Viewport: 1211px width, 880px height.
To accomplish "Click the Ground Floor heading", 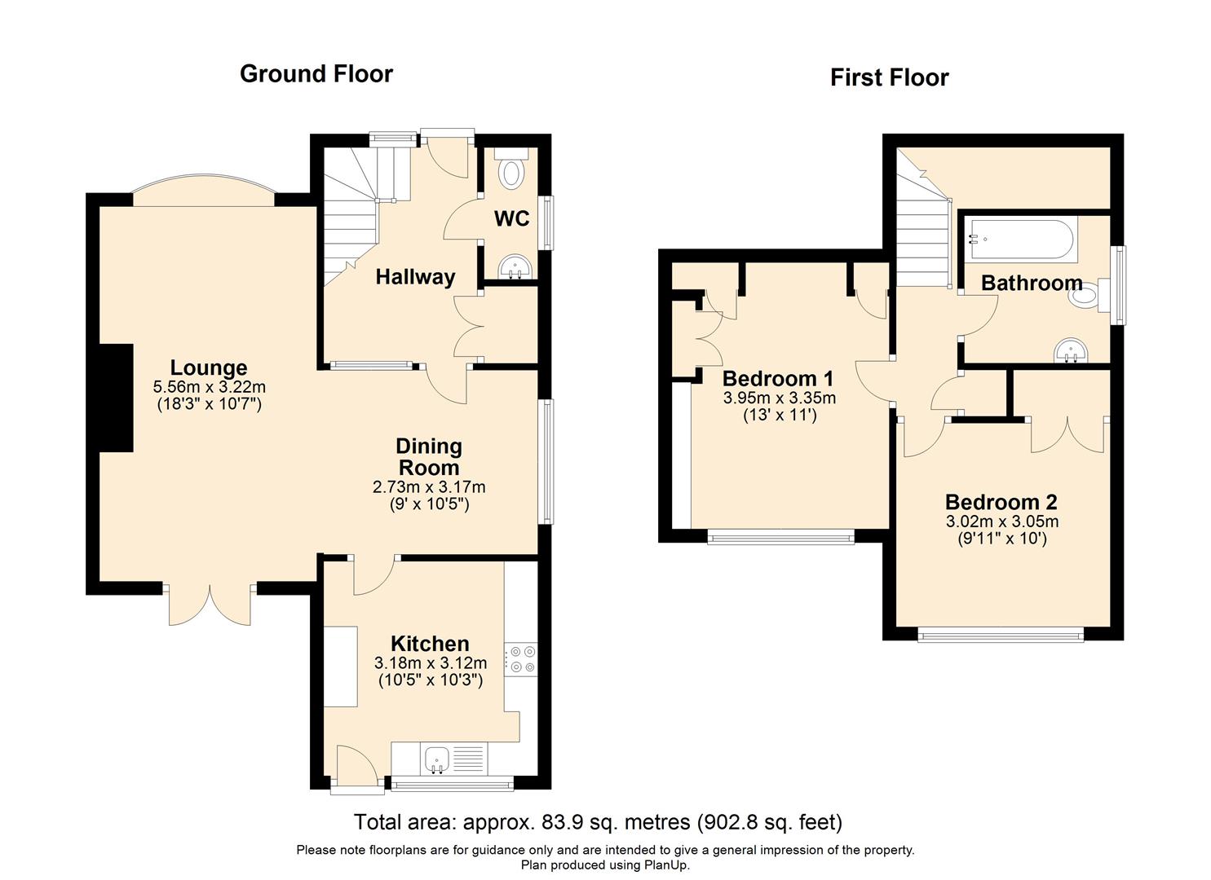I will [x=316, y=74].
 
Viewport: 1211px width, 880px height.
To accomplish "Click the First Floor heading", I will [x=889, y=77].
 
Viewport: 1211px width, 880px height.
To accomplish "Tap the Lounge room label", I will [x=209, y=367].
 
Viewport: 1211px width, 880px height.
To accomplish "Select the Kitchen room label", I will [x=430, y=644].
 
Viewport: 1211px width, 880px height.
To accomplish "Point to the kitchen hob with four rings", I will [x=521, y=659].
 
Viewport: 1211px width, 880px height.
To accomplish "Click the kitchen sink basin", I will [x=437, y=760].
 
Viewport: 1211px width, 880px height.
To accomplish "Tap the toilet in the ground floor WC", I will [x=512, y=172].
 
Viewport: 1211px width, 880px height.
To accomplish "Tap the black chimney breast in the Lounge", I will [x=116, y=398].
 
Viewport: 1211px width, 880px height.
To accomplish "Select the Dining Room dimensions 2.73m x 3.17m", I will [x=429, y=487].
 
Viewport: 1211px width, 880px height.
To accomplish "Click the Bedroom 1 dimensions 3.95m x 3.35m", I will [x=779, y=398].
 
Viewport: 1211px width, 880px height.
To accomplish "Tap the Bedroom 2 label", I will [x=1001, y=502].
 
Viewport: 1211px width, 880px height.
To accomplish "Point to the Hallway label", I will [x=415, y=277].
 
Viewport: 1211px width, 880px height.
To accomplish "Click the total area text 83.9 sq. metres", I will [x=598, y=821].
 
